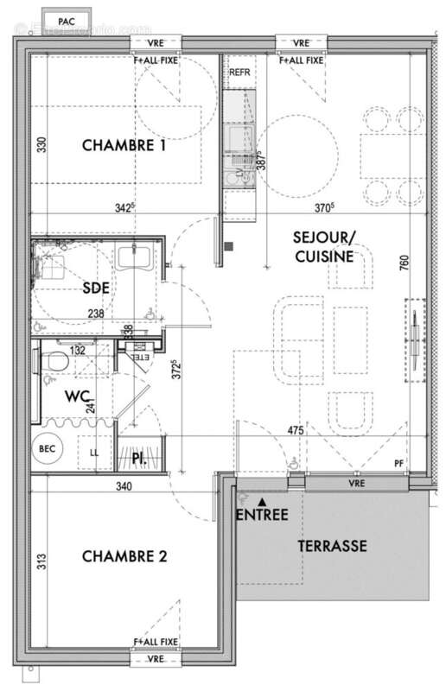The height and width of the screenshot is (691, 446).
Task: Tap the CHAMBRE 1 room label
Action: pos(124,146)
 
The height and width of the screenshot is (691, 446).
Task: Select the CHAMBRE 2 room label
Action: pos(124,556)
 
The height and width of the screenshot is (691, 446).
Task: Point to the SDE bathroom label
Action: pos(96,288)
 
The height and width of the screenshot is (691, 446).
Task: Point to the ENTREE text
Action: pos(262,516)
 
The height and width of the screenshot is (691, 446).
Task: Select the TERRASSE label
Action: pos(333,546)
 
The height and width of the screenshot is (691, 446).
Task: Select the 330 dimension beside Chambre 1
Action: pos(39,145)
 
